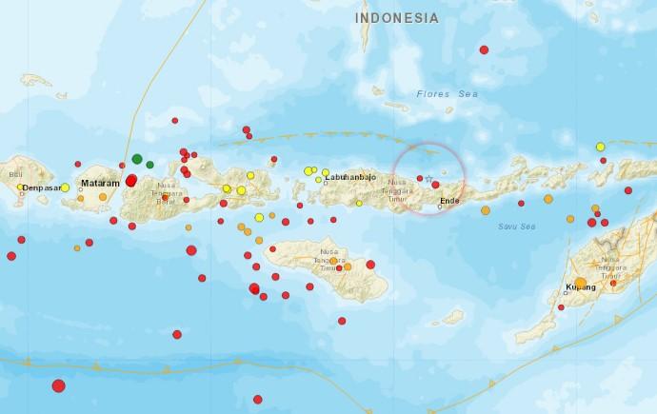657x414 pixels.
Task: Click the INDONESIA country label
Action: pos(397,18)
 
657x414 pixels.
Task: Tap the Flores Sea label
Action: pos(440,93)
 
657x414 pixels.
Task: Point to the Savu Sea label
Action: pos(517,227)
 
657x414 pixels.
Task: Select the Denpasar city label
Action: pos(41,188)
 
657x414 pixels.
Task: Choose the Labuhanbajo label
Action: pos(351,178)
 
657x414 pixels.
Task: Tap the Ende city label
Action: pos(450,201)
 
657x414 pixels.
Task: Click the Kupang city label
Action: pos(580,286)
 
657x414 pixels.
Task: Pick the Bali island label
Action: pos(14,175)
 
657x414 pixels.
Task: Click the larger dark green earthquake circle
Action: pos(137,159)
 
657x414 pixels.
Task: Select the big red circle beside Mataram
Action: pos(131,180)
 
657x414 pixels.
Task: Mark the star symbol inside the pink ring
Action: pos(428,179)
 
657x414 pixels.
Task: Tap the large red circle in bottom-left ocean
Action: pos(58,385)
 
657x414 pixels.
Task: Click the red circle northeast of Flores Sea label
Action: pos(484,49)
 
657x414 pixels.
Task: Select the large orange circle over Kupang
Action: pos(581,281)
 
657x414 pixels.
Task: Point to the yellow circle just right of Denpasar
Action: pos(65,187)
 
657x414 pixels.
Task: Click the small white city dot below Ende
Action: pos(441,207)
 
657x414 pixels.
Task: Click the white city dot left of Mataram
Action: pos(82,189)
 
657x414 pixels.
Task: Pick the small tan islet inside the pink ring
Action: pos(443,172)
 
